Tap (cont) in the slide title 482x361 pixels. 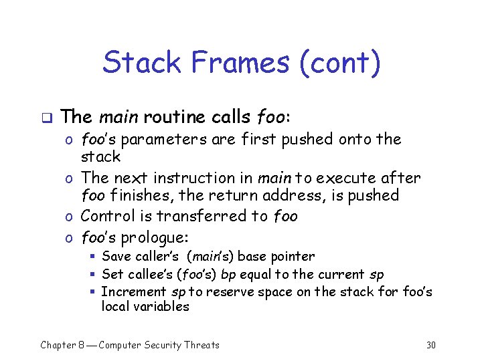[340, 64]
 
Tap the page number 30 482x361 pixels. [430, 345]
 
